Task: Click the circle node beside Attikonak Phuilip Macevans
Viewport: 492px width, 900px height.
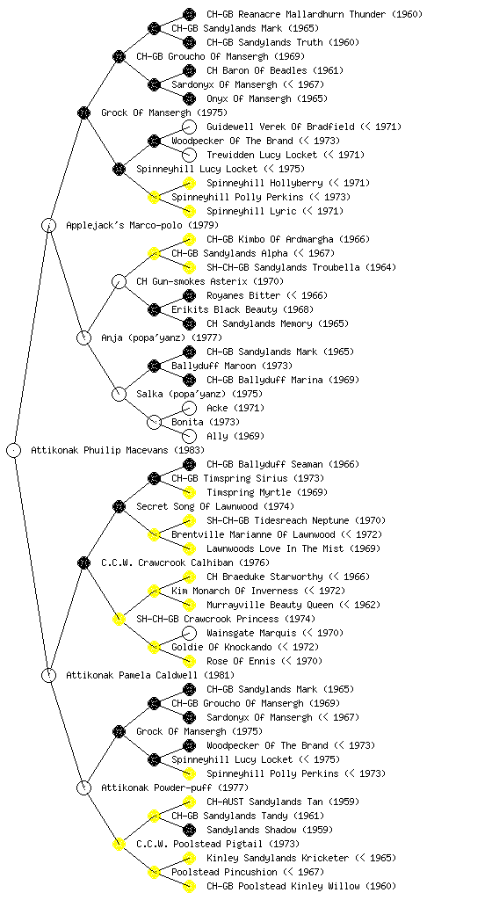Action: coord(14,450)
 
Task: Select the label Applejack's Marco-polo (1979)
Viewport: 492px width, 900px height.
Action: coord(142,225)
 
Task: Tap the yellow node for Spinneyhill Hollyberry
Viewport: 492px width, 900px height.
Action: coord(189,183)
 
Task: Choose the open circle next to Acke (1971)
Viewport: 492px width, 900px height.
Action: coord(189,408)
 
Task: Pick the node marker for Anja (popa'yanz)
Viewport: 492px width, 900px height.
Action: coord(83,337)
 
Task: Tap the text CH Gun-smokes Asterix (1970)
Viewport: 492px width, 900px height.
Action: coord(210,281)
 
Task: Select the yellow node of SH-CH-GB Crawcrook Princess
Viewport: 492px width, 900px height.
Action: coord(119,619)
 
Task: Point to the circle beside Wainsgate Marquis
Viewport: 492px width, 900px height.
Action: coord(189,633)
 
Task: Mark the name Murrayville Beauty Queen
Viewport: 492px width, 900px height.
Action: coord(270,605)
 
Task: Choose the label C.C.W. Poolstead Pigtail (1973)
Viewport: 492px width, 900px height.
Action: coord(218,844)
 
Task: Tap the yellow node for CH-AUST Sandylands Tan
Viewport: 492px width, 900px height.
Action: coord(189,802)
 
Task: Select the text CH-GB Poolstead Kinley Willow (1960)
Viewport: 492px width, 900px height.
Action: coord(301,886)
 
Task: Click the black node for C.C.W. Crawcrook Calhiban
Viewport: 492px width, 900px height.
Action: coord(83,562)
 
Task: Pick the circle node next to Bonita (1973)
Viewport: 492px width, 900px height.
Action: coord(154,422)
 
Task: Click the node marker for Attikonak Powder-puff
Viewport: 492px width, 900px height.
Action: coord(83,787)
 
